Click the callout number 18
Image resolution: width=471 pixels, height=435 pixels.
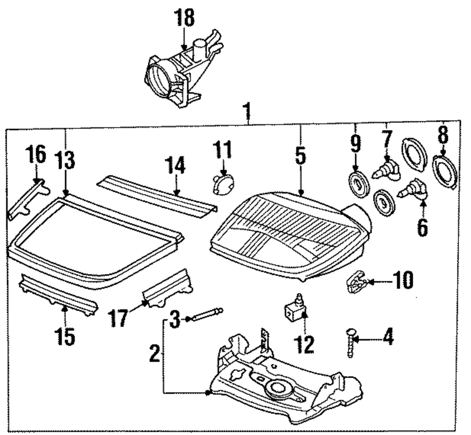185,19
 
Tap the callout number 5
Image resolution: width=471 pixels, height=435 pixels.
300,157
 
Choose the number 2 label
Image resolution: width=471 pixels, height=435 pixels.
154,353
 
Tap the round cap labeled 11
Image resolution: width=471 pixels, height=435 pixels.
220,184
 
